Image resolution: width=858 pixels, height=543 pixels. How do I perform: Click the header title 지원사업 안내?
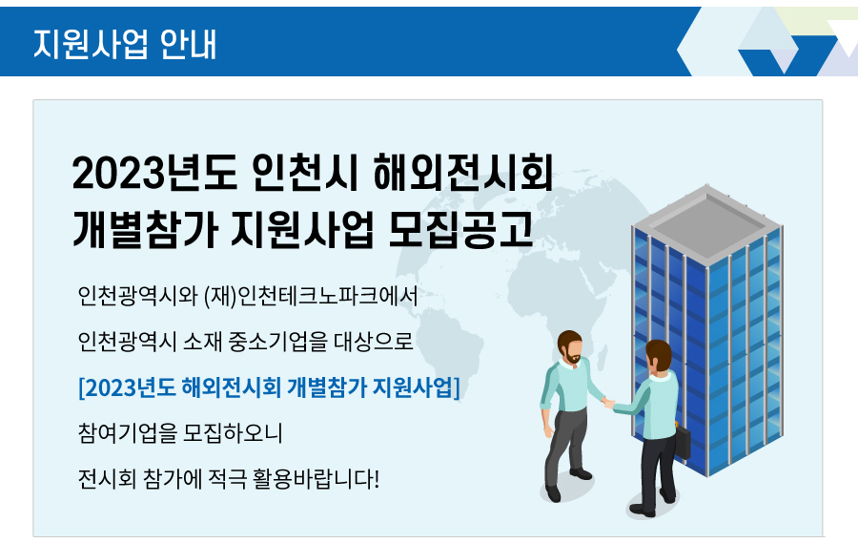[x=125, y=44]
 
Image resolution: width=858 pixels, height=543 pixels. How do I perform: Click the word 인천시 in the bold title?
[x=305, y=173]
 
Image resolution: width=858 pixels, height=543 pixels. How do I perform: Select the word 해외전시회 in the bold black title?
[x=463, y=173]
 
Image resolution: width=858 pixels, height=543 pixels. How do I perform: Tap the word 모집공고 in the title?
[x=460, y=228]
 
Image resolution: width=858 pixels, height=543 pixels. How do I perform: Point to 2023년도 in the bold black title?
[x=154, y=173]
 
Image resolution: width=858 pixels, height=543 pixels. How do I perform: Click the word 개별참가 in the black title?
[x=145, y=228]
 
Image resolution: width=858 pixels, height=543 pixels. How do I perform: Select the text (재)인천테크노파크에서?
[x=311, y=296]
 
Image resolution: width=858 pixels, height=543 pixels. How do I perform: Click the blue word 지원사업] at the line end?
[x=416, y=387]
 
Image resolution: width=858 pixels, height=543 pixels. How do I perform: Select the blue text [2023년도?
[x=127, y=387]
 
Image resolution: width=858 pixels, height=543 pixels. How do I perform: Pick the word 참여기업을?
[x=128, y=433]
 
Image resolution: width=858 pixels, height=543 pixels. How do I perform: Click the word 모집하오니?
[x=233, y=433]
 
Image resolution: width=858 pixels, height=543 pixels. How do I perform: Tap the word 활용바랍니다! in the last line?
[x=316, y=479]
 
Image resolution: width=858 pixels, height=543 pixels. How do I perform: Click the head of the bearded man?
[x=570, y=347]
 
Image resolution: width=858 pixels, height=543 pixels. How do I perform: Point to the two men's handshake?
[x=608, y=404]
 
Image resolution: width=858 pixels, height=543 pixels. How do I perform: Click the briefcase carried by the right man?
[x=683, y=441]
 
